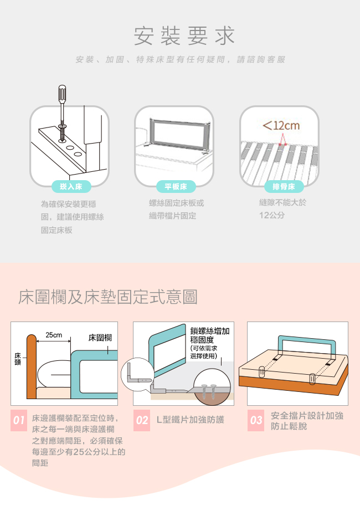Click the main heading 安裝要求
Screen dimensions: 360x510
tap(184, 35)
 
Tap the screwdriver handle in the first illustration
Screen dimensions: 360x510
tap(62, 94)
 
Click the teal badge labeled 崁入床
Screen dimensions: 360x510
tap(71, 186)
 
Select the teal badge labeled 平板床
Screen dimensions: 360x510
tap(176, 186)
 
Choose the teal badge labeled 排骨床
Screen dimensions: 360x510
tap(284, 186)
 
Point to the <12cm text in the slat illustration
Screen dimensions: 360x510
tap(281, 125)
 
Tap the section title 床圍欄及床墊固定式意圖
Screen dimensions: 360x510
tap(108, 297)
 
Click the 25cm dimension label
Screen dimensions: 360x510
tap(54, 335)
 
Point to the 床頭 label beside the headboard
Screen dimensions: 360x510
tap(18, 359)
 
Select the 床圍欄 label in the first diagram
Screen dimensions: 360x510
tap(100, 338)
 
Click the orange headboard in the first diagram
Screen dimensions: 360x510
tap(31, 366)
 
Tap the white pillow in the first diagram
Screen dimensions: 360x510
tap(55, 375)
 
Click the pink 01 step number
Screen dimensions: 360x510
tap(19, 420)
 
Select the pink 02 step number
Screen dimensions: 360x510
tap(142, 420)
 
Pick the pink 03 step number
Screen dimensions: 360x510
tap(256, 420)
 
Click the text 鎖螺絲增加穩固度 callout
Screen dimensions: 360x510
tap(210, 335)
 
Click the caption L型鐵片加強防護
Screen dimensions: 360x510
tap(191, 420)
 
